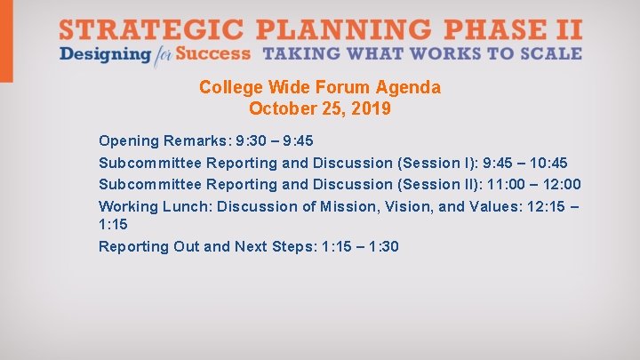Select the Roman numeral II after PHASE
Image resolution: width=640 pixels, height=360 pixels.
pyautogui.click(x=569, y=28)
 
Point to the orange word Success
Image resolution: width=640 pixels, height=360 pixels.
pyautogui.click(x=213, y=53)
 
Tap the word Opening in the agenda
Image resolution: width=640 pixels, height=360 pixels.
pyautogui.click(x=129, y=140)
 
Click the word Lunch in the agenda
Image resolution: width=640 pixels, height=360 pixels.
pyautogui.click(x=185, y=206)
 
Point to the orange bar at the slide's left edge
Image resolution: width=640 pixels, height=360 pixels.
pyautogui.click(x=6, y=41)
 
